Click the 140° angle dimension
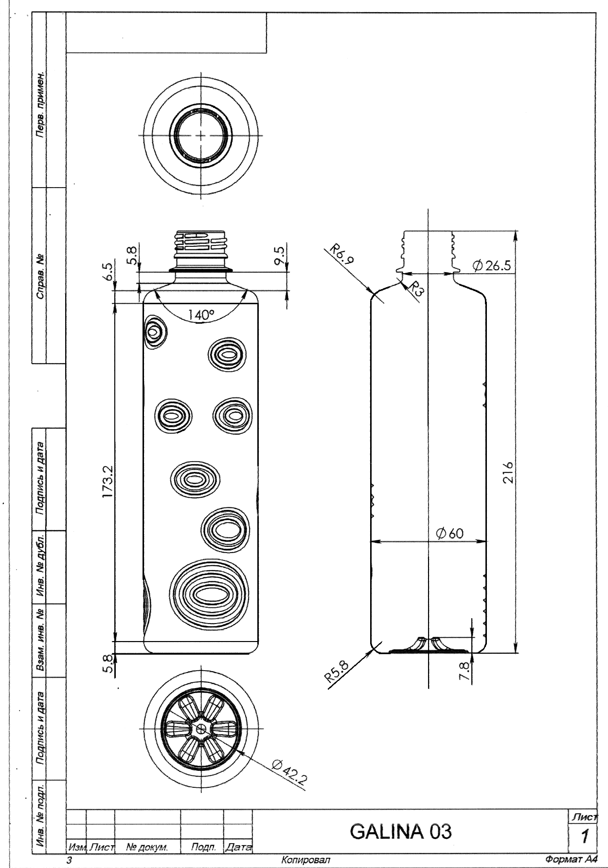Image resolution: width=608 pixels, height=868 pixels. point(201,314)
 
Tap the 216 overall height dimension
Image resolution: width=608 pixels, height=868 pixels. point(509,472)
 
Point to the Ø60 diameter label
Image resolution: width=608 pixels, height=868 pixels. point(450,533)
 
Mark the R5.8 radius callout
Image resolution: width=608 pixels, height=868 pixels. point(337,672)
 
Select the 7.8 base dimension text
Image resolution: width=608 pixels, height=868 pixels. point(466,671)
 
